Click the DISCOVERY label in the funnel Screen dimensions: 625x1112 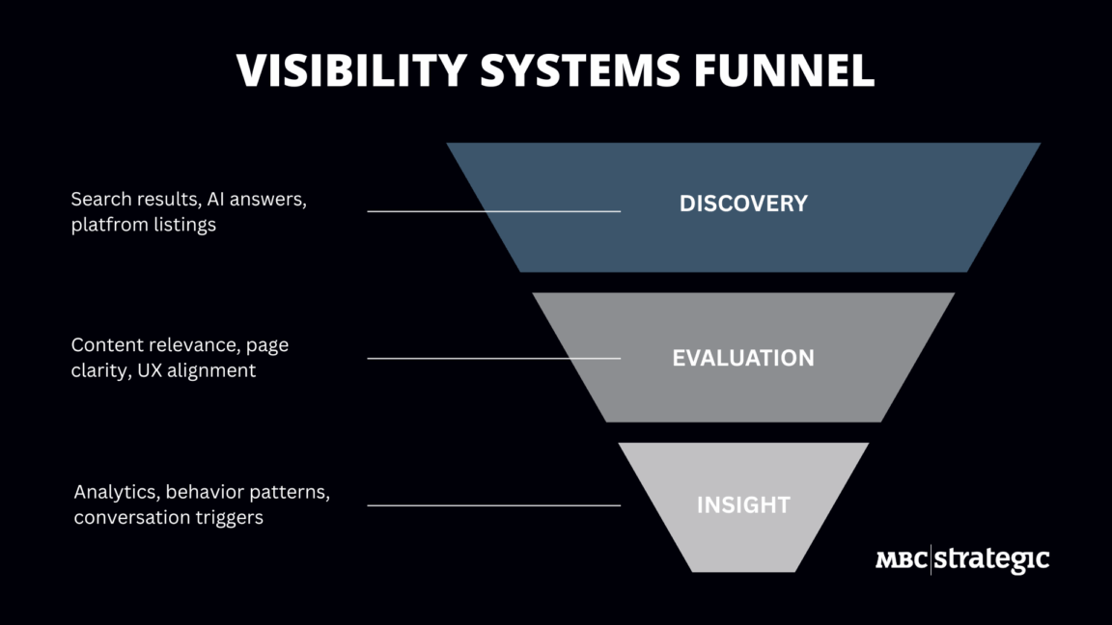coord(743,204)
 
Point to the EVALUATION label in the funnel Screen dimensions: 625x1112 coord(743,358)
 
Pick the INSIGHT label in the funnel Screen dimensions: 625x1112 coord(743,504)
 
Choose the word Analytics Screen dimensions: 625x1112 coord(116,492)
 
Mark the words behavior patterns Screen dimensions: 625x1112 coord(248,492)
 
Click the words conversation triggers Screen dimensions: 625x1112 coord(168,518)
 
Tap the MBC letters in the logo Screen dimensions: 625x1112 coord(902,559)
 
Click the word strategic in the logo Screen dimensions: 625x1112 coord(991,559)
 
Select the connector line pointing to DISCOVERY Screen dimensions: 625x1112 coord(493,210)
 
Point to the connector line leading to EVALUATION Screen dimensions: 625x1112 coord(493,358)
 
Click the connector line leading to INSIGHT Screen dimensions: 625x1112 coord(493,504)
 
